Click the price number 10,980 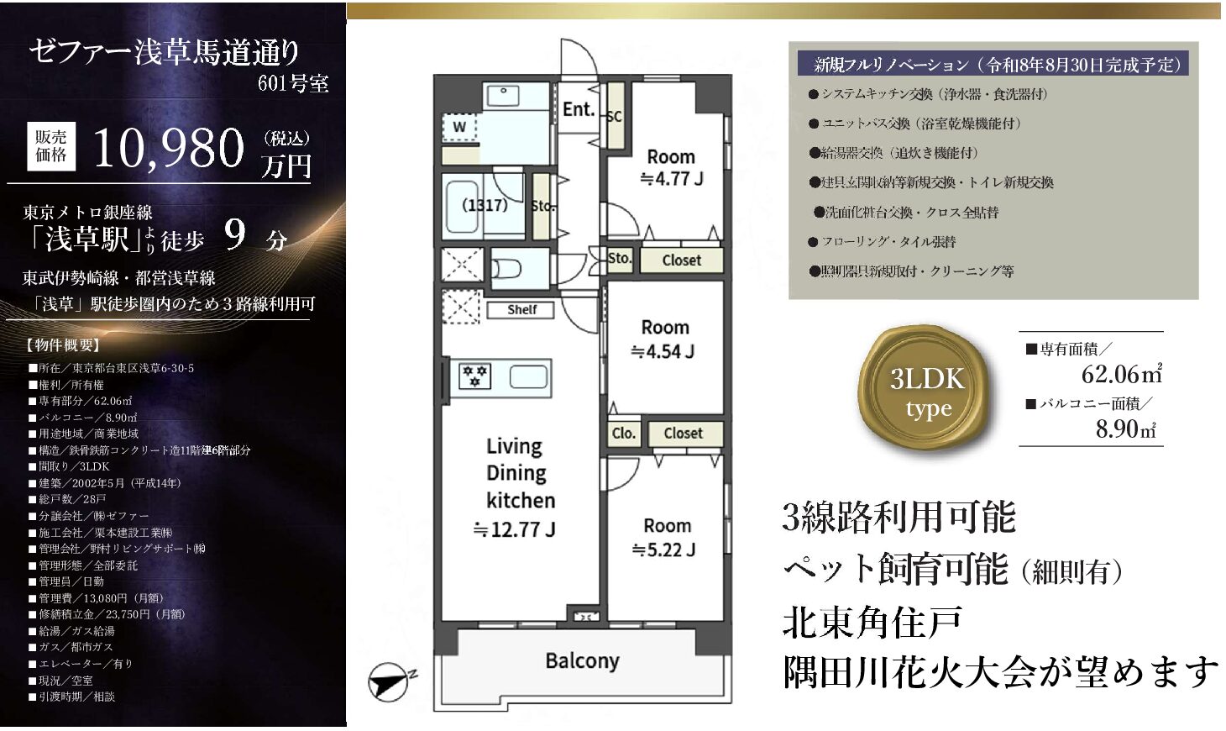(169, 149)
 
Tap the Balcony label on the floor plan (583, 661)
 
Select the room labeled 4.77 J (672, 167)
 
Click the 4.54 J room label (663, 339)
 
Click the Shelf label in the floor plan (521, 309)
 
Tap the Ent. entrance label (579, 109)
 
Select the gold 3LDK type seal (926, 390)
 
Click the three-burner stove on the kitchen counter (474, 376)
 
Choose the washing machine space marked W (459, 127)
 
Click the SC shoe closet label (615, 117)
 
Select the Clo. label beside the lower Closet (624, 433)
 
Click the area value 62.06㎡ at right (1122, 374)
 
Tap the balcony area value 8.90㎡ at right (1125, 429)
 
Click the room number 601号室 (293, 83)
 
